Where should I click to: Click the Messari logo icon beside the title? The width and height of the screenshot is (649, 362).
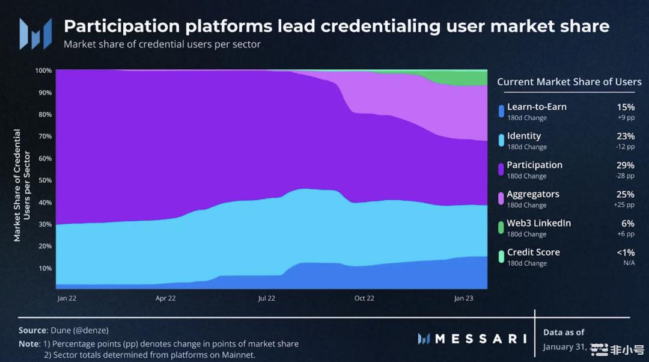click(31, 34)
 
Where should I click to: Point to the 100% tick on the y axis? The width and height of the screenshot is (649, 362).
click(43, 70)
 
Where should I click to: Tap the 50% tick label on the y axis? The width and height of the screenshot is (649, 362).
click(45, 180)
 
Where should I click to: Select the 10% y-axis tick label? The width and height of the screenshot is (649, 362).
click(45, 268)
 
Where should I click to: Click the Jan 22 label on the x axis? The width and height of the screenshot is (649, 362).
click(67, 298)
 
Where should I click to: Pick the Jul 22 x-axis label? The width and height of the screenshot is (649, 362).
click(266, 298)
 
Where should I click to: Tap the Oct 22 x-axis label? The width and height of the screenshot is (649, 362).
click(364, 298)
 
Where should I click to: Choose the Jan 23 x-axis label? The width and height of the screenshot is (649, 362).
click(463, 298)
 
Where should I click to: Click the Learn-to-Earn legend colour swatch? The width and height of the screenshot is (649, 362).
click(501, 111)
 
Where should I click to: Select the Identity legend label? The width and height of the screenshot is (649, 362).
click(524, 136)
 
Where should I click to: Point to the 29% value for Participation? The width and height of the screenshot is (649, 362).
click(625, 165)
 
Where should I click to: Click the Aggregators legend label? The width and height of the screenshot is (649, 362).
click(533, 194)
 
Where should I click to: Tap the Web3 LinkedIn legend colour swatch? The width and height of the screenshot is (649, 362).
click(501, 227)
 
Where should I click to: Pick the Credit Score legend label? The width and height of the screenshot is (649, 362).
click(534, 253)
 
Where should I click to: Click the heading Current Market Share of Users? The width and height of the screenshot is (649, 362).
click(569, 82)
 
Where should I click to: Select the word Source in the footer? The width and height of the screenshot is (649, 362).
click(32, 330)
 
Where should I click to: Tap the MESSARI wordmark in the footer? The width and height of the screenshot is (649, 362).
click(480, 339)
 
